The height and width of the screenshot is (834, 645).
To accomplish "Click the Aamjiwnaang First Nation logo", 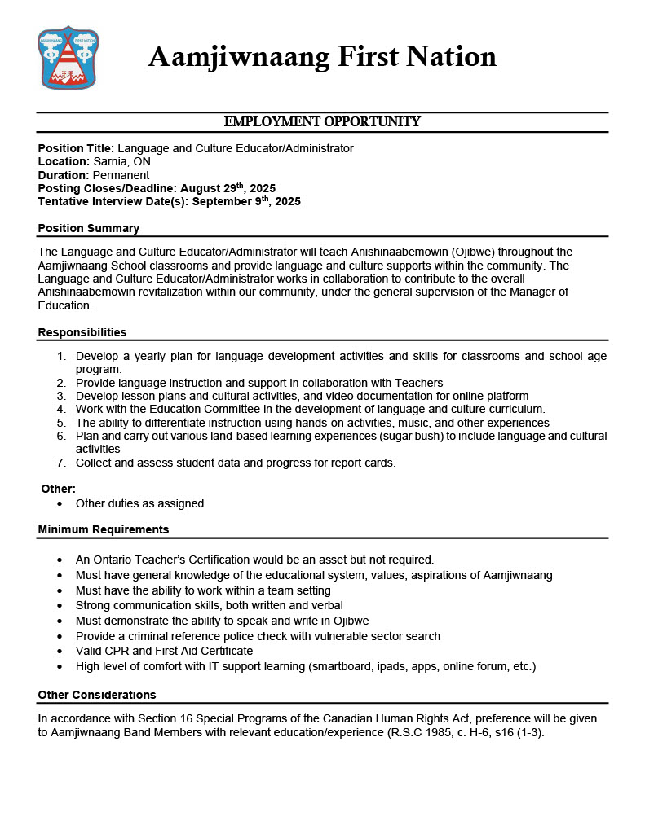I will pyautogui.click(x=68, y=57).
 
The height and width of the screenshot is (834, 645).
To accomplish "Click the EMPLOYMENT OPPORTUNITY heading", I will pyautogui.click(x=322, y=122).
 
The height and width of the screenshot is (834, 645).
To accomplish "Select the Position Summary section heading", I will pyautogui.click(x=89, y=228).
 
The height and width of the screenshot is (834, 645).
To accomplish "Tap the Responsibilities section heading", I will pyautogui.click(x=82, y=332).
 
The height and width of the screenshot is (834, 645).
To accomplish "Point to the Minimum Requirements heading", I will pyautogui.click(x=104, y=529).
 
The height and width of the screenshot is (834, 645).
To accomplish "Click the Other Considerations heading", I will pyautogui.click(x=97, y=695).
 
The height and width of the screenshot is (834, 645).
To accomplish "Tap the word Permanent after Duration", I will pyautogui.click(x=121, y=175).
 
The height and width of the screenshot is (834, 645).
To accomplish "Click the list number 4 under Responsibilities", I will pyautogui.click(x=61, y=409).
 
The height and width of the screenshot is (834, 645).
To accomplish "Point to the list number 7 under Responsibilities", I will pyautogui.click(x=61, y=463).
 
